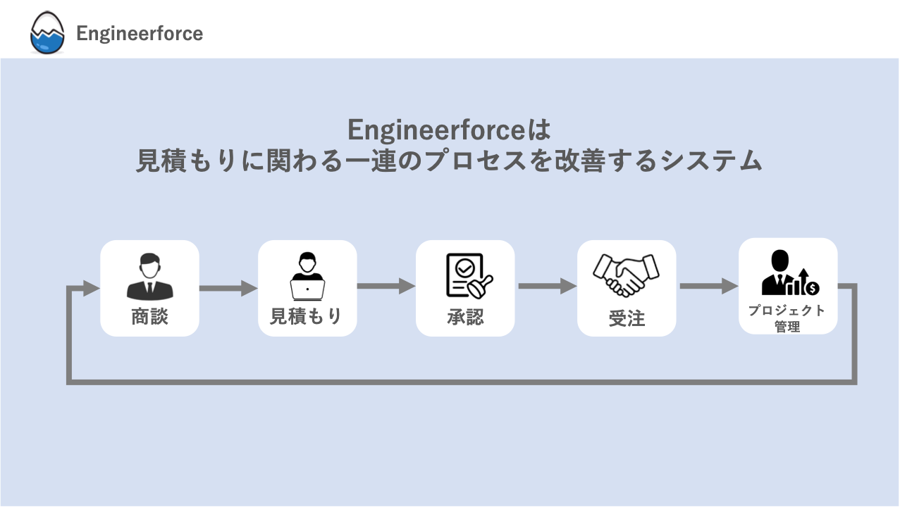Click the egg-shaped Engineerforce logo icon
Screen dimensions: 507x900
pos(47,34)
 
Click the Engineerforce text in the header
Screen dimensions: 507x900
pos(140,34)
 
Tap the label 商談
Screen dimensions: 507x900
pos(149,317)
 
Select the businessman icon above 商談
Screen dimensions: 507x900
pos(149,277)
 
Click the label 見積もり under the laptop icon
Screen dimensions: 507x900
pos(307,317)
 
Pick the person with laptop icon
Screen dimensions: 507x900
pos(307,277)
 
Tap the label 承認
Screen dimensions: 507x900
pos(465,318)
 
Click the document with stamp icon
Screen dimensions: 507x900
pos(468,276)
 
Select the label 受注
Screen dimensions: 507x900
pos(627,319)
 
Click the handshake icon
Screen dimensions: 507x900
pos(626,275)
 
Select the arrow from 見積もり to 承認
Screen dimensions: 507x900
pos(386,286)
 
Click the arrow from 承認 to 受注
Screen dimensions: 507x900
pos(547,286)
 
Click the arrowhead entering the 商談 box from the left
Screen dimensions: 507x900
pos(91,287)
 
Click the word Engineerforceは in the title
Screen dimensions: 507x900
pos(448,130)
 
